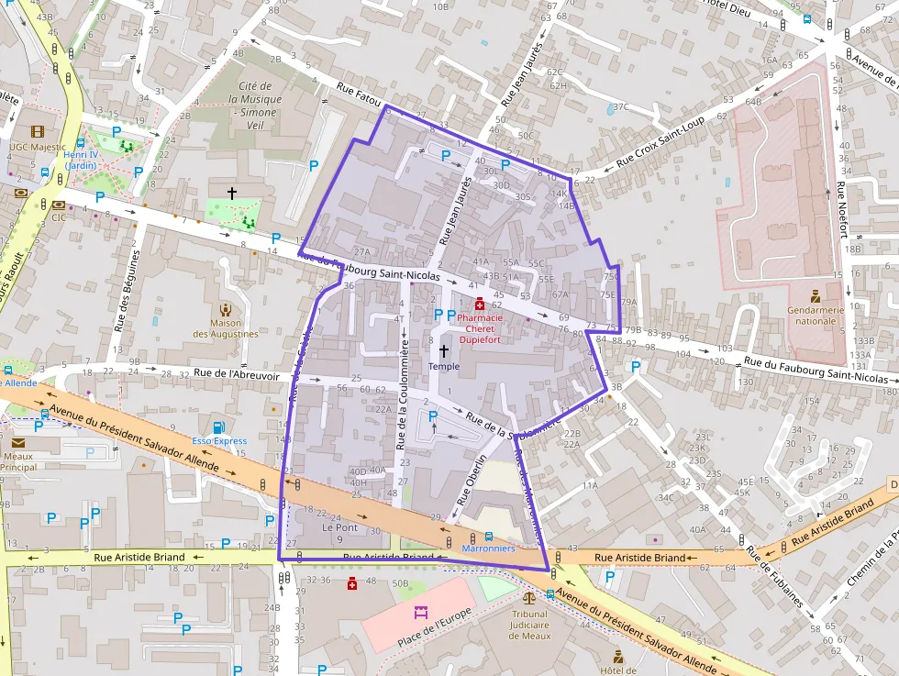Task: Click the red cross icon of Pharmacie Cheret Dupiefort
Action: pos(480,304)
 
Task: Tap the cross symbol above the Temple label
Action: pos(444,350)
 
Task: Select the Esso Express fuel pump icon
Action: pos(218,427)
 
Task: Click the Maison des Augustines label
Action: pos(226,328)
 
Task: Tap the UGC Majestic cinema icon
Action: pos(38,132)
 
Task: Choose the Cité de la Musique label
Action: pos(259,99)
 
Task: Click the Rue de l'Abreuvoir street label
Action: pos(236,373)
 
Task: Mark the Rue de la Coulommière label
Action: pos(403,393)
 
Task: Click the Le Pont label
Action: pos(339,527)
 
